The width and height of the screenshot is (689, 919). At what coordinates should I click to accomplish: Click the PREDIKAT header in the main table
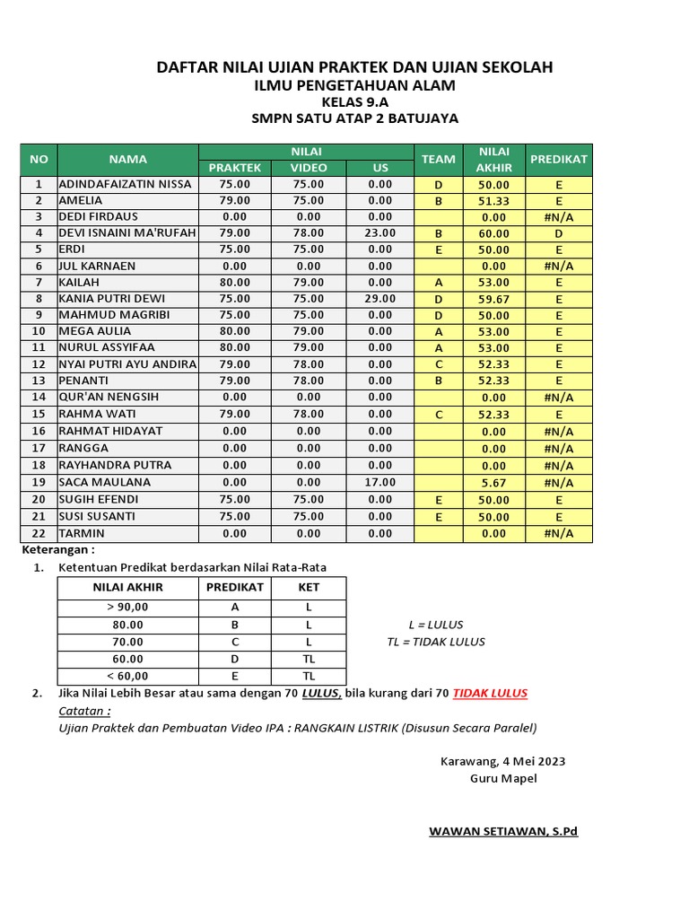[559, 159]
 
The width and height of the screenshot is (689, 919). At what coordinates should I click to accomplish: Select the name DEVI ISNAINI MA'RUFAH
[126, 232]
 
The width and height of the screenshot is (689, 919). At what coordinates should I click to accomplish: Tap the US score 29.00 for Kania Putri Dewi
[380, 298]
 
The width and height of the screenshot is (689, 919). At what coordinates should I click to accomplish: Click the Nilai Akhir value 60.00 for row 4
[493, 233]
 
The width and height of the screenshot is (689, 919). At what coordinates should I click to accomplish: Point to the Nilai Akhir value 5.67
[493, 483]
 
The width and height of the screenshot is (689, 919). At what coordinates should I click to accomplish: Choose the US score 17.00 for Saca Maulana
[380, 482]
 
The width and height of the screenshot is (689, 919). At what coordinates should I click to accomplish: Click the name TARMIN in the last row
[82, 533]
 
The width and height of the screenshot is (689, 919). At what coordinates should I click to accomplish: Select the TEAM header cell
[438, 159]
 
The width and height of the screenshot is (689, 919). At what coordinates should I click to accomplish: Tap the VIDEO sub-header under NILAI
[309, 168]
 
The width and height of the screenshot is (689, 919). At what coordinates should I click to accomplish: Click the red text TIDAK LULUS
[490, 693]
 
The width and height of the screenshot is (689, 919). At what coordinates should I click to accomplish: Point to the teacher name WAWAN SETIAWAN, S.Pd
[503, 831]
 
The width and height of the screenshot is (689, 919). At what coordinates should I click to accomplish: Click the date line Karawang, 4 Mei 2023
[502, 761]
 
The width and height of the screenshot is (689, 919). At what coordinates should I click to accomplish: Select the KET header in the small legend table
[309, 588]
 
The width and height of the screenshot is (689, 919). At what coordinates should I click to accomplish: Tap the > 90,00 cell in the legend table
[127, 607]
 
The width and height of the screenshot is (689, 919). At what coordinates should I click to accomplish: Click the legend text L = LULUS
[436, 625]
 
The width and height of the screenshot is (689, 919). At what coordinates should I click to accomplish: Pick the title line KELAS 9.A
[354, 102]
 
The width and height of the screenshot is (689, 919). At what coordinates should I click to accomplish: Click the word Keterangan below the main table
[57, 549]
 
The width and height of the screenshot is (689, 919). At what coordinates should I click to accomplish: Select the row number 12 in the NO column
[39, 364]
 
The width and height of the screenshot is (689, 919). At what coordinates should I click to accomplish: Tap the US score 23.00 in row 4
[380, 232]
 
